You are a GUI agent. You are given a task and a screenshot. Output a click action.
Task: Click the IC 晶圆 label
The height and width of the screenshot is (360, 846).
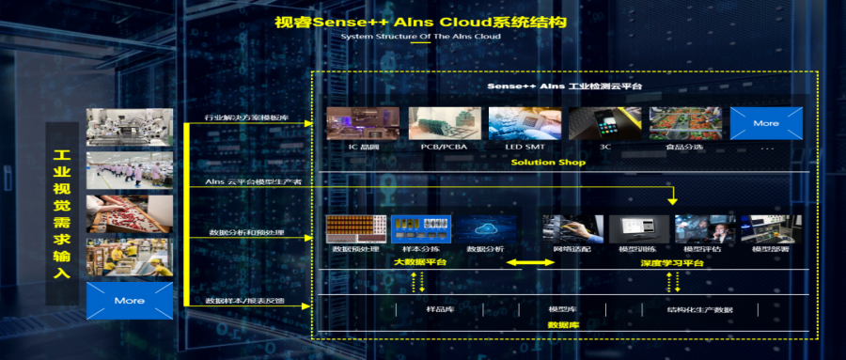coord(361,148)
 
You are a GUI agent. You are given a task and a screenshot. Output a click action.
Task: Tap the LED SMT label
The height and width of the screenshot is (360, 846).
coord(524,148)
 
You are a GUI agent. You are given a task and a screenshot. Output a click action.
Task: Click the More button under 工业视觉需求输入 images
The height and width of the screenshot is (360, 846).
coord(129,300)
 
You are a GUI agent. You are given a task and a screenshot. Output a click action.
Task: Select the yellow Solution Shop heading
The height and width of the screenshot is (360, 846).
coord(548,162)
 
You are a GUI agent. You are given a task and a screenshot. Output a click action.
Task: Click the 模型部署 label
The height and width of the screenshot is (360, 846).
coord(769,249)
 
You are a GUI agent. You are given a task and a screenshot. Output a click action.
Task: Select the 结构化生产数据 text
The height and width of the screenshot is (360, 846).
coord(699,309)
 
